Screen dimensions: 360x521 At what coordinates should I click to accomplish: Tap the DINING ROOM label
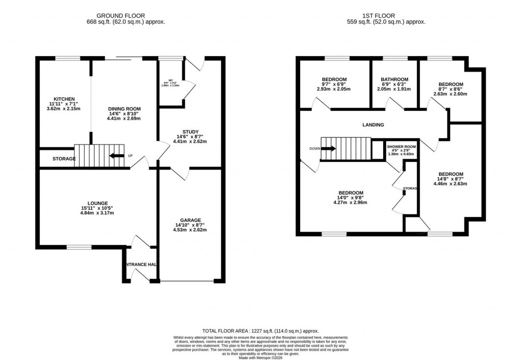(x=124, y=109)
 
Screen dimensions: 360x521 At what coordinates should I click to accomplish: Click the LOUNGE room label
(x=97, y=203)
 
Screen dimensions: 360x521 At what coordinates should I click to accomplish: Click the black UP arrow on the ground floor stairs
(x=117, y=156)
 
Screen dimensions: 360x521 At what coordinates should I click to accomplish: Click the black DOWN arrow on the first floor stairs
(x=329, y=149)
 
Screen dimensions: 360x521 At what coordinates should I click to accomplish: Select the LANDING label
(x=373, y=125)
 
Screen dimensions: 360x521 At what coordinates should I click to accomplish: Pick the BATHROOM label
(x=394, y=79)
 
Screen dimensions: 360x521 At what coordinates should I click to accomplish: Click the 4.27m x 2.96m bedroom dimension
(x=350, y=202)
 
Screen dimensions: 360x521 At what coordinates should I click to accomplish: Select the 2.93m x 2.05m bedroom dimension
(x=334, y=89)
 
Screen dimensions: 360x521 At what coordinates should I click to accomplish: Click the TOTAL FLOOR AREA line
(x=260, y=331)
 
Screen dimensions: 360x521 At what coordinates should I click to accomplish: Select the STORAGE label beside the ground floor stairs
(x=64, y=159)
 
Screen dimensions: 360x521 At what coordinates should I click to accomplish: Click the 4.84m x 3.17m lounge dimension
(x=97, y=213)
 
